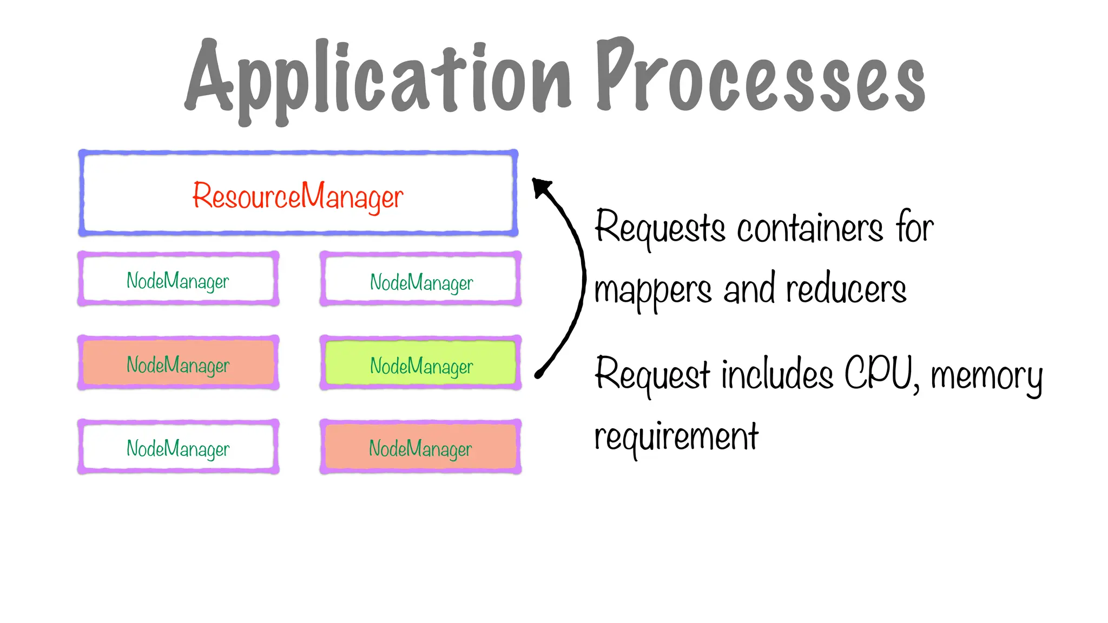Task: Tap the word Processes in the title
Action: (x=760, y=78)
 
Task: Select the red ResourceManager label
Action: (x=298, y=196)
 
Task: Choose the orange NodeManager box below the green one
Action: (x=421, y=447)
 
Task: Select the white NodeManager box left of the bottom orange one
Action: (x=179, y=447)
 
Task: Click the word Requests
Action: (x=659, y=228)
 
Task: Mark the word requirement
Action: (x=676, y=437)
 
